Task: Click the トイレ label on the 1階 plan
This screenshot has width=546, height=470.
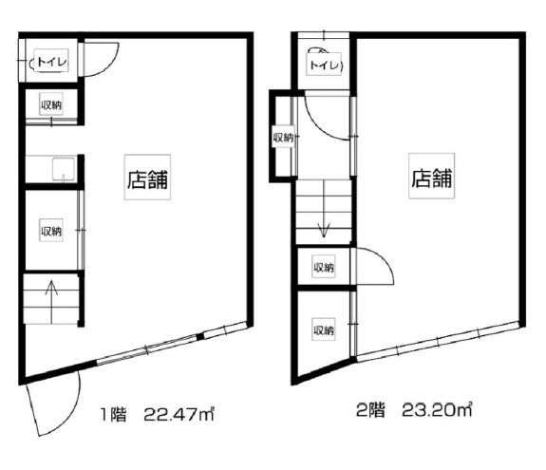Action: [x=51, y=62]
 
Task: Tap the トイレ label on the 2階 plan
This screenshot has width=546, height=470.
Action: [x=324, y=65]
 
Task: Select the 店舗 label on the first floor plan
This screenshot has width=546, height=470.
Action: [x=147, y=179]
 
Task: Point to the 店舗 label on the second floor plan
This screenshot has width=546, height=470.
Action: [x=431, y=179]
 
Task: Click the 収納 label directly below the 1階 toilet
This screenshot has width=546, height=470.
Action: [x=51, y=104]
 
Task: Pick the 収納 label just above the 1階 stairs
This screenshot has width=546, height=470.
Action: [x=51, y=231]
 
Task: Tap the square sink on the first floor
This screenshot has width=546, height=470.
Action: [x=63, y=169]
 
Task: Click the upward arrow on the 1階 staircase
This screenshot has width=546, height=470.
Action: [x=52, y=302]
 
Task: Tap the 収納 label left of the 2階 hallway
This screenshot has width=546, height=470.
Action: [x=284, y=138]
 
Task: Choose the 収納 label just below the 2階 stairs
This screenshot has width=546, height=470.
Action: [x=324, y=267]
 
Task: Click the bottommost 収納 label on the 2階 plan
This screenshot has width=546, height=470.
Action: [x=324, y=329]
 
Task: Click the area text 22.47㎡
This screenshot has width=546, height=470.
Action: [x=179, y=414]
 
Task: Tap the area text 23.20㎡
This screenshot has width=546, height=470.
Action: [x=437, y=410]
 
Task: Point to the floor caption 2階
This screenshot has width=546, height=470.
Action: [x=370, y=410]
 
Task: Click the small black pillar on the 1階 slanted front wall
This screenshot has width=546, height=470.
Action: [x=199, y=337]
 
